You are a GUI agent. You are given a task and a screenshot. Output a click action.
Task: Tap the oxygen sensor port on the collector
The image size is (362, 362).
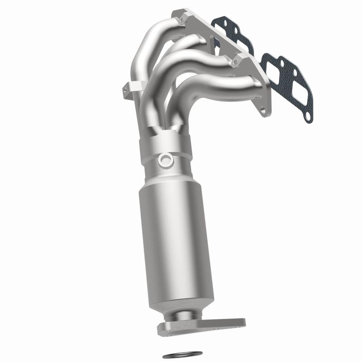[166, 159]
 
